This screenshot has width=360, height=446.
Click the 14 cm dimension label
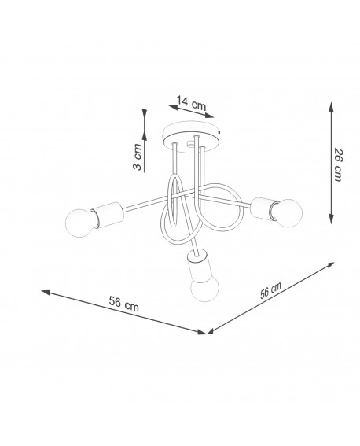(x=191, y=103)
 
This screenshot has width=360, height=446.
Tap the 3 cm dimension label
(x=138, y=157)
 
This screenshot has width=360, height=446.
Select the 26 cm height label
(x=338, y=164)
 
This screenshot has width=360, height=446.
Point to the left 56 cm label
(x=124, y=304)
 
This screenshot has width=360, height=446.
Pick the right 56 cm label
(x=270, y=290)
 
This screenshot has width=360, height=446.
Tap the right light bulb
(x=287, y=213)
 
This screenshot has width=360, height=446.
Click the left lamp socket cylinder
(x=108, y=215)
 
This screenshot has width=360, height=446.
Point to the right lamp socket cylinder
(x=263, y=208)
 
